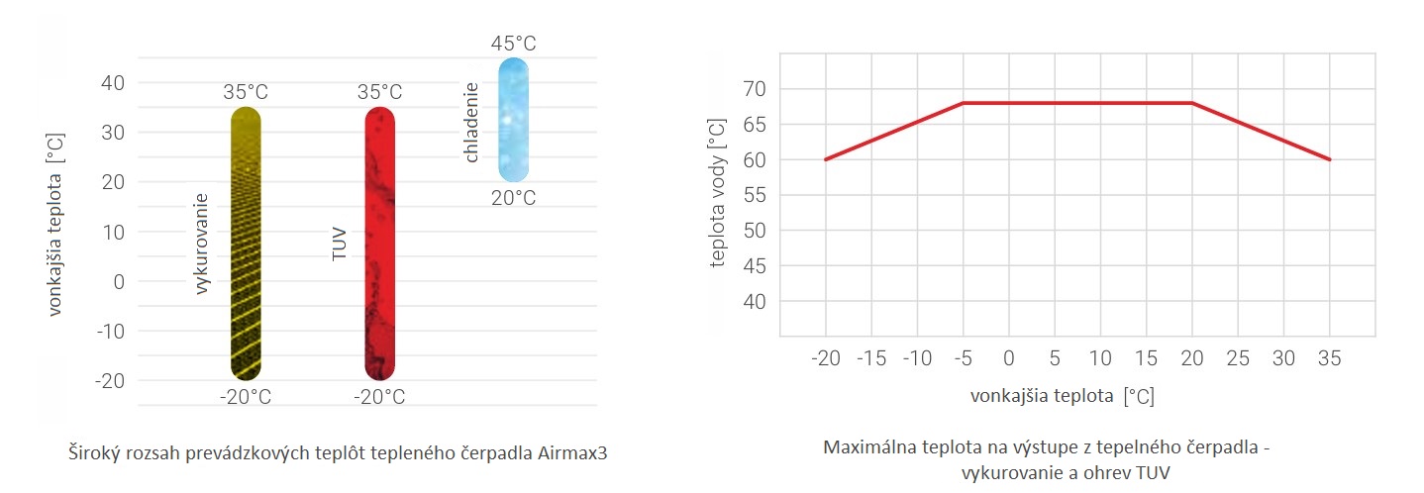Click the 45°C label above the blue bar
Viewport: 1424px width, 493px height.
pyautogui.click(x=513, y=44)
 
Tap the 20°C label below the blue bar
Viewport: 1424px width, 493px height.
pyautogui.click(x=513, y=198)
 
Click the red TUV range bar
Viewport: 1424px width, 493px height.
pyautogui.click(x=380, y=244)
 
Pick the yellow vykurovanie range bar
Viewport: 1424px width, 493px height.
pyautogui.click(x=246, y=244)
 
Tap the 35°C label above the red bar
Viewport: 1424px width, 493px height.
pyautogui.click(x=380, y=93)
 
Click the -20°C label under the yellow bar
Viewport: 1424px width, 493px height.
pyautogui.click(x=246, y=397)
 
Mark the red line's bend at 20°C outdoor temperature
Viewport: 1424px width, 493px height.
pyautogui.click(x=1192, y=103)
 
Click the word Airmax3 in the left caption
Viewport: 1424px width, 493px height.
pyautogui.click(x=572, y=454)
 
